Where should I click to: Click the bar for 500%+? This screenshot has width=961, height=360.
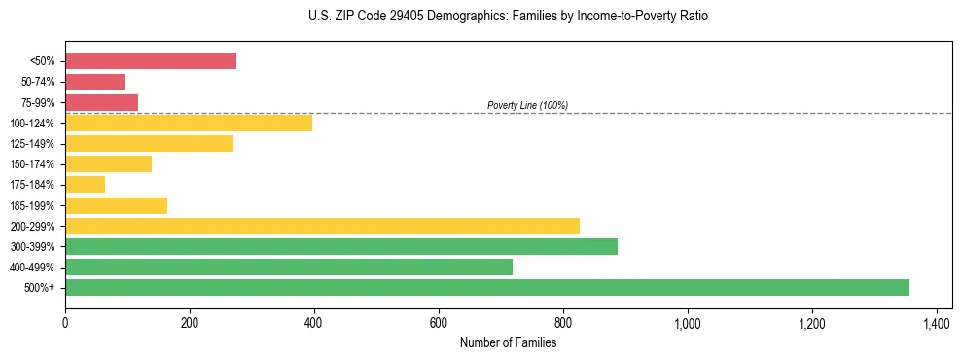486,287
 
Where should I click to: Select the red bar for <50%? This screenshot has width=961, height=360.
151,61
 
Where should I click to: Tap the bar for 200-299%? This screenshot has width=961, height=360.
322,226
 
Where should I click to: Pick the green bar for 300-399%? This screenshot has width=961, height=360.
341,246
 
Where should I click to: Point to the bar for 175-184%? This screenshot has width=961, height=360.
85,185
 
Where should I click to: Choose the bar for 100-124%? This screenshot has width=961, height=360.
189,123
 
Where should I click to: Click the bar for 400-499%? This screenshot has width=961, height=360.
289,267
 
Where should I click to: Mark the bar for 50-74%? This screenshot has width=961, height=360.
94,82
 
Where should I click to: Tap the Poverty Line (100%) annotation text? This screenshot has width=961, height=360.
527,105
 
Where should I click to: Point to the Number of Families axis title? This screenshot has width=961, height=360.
509,342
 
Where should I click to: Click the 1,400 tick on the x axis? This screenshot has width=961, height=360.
936,323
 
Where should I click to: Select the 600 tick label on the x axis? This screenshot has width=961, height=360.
439,323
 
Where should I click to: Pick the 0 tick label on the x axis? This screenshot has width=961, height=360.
65,323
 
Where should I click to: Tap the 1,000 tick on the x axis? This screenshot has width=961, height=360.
687,323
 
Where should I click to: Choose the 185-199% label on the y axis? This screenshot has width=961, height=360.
34,206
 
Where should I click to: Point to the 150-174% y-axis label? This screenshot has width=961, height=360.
34,164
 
